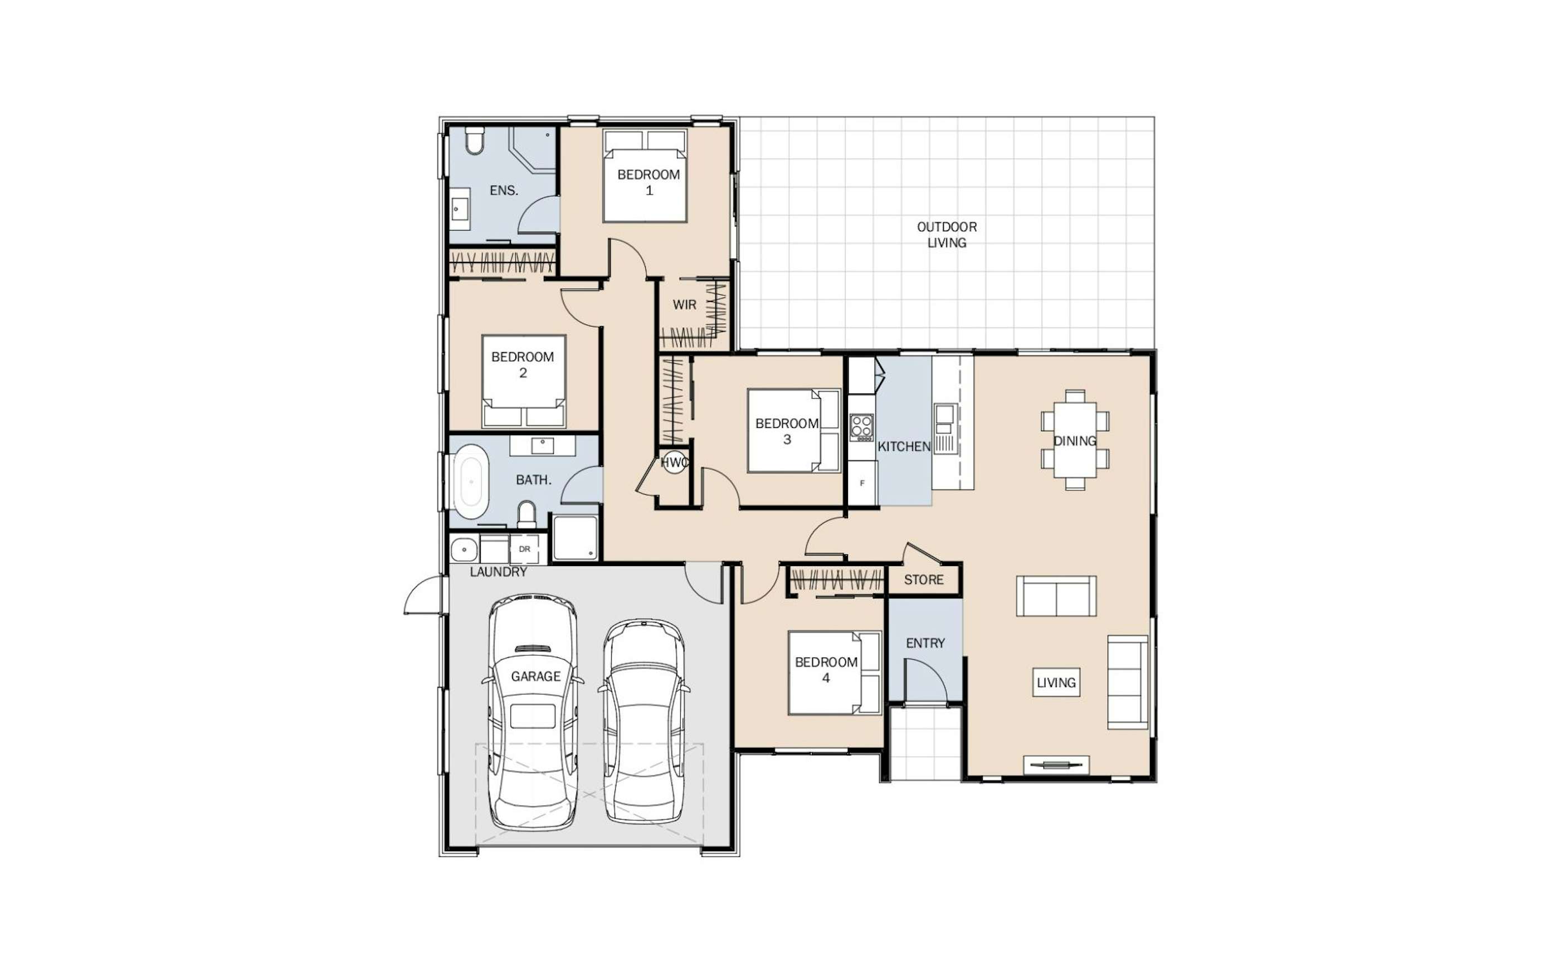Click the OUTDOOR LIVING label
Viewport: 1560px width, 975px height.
tap(947, 235)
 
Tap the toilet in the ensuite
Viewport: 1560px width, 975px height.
tap(475, 140)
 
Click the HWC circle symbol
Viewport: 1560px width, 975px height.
tap(674, 463)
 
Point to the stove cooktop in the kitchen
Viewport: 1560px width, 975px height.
tap(861, 427)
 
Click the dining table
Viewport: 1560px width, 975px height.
tap(1075, 440)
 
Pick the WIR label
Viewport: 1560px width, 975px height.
tap(684, 304)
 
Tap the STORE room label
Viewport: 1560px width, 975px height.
tap(923, 580)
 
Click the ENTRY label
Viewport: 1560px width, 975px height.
tap(925, 643)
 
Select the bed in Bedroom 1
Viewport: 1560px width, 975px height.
tap(645, 175)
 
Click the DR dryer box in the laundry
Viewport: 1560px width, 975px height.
tap(524, 549)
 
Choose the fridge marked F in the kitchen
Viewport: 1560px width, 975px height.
tap(862, 483)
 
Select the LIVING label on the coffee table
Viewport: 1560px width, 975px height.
tap(1056, 682)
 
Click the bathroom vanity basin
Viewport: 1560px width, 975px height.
tap(542, 446)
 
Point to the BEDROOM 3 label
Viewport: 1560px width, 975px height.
tap(787, 431)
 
